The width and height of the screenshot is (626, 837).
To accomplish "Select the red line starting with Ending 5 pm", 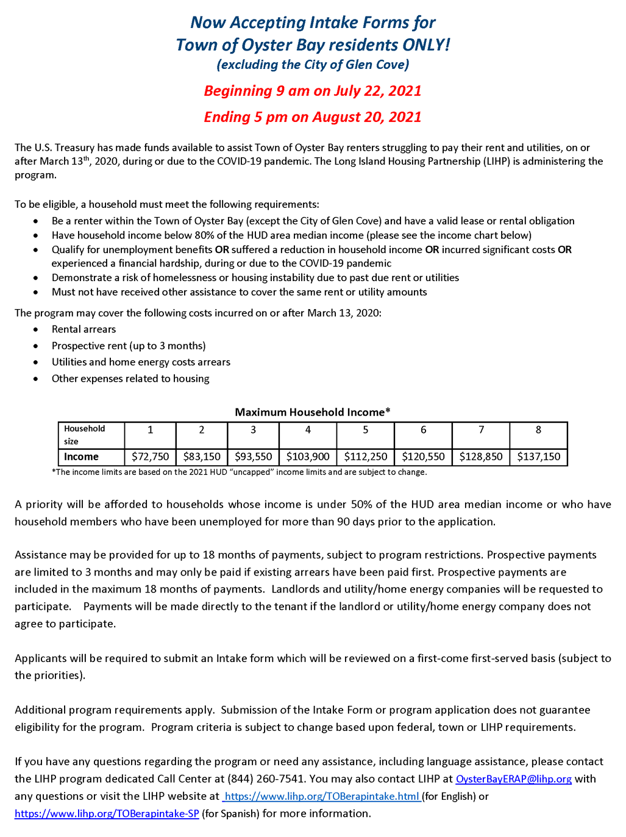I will point(313,117).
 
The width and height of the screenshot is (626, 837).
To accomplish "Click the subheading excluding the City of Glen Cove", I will point(313,65).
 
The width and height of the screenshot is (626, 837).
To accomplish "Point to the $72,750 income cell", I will point(150,457).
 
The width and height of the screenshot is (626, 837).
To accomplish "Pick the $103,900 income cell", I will point(308,457).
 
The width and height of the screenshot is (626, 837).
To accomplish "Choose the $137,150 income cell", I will point(538,457).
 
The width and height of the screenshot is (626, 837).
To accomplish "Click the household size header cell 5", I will point(365,430).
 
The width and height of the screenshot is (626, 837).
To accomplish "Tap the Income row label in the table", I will point(82,457).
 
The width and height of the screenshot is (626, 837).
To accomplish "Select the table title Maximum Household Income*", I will point(313,412).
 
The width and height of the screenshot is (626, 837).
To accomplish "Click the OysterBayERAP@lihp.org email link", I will point(513,779).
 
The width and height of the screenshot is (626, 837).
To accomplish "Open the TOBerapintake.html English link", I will point(322,796).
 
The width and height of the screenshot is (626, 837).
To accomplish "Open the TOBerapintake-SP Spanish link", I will point(107,814).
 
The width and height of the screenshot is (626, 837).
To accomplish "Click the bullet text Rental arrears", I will point(84,329).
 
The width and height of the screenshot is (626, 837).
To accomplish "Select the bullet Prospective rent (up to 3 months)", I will point(129,346).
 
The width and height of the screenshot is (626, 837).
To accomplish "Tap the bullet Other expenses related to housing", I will point(130,379).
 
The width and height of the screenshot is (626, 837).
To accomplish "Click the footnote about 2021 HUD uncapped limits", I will point(240,472).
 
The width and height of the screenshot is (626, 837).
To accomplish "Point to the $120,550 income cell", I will point(423,457).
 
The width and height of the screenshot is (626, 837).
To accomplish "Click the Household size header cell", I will point(85,435).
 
